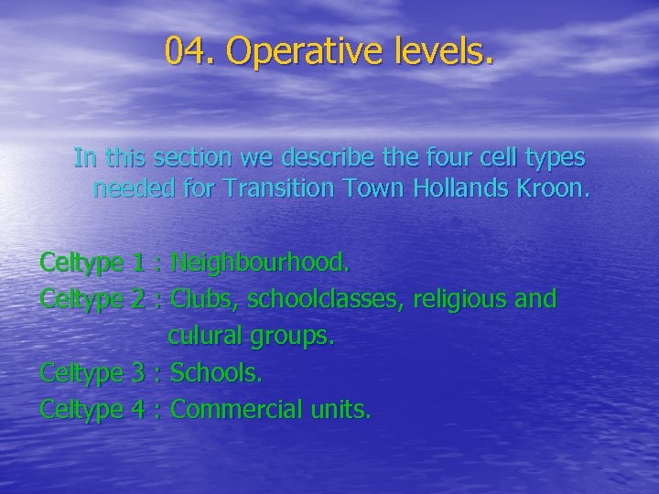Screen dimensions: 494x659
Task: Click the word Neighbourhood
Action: point(260,263)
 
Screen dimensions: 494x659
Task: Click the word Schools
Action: point(216,373)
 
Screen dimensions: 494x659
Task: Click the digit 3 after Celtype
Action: point(138,373)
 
